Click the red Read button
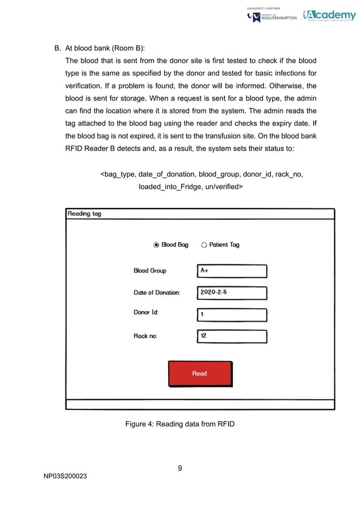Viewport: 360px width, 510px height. tap(200, 373)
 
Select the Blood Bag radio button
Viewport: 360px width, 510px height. tap(156, 245)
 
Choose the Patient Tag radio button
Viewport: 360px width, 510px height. tap(204, 245)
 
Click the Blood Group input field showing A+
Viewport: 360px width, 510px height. tap(232, 271)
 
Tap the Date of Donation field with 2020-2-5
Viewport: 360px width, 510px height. tap(232, 293)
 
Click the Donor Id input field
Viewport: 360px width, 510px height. tap(232, 315)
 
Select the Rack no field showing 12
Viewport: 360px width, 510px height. tap(232, 336)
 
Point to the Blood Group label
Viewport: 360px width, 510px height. tap(150, 271)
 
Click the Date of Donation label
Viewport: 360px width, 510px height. tap(156, 293)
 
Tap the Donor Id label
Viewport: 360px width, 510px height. tap(146, 312)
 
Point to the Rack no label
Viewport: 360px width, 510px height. tap(145, 336)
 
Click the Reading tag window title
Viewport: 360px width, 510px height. tap(85, 213)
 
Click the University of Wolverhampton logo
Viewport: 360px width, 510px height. tap(272, 17)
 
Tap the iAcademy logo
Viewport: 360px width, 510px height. tap(329, 16)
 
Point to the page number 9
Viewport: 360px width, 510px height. tap(179, 468)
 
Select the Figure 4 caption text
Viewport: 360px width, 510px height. tap(179, 424)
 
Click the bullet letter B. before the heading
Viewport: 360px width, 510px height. tap(56, 48)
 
